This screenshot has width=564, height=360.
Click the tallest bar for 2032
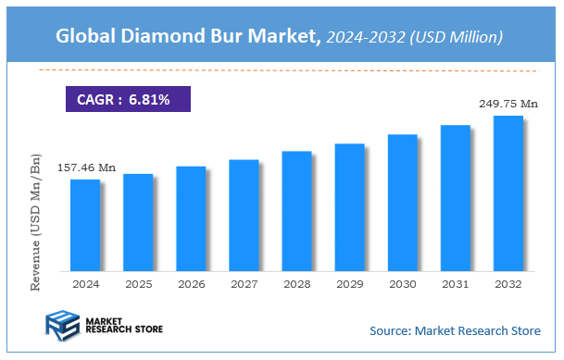508,193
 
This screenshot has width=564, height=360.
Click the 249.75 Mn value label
508,105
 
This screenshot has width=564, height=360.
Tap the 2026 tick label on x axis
191,285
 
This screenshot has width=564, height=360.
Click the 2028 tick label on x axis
296,285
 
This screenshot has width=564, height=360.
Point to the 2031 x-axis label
456,285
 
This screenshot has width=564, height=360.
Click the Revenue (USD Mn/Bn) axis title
37,222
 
